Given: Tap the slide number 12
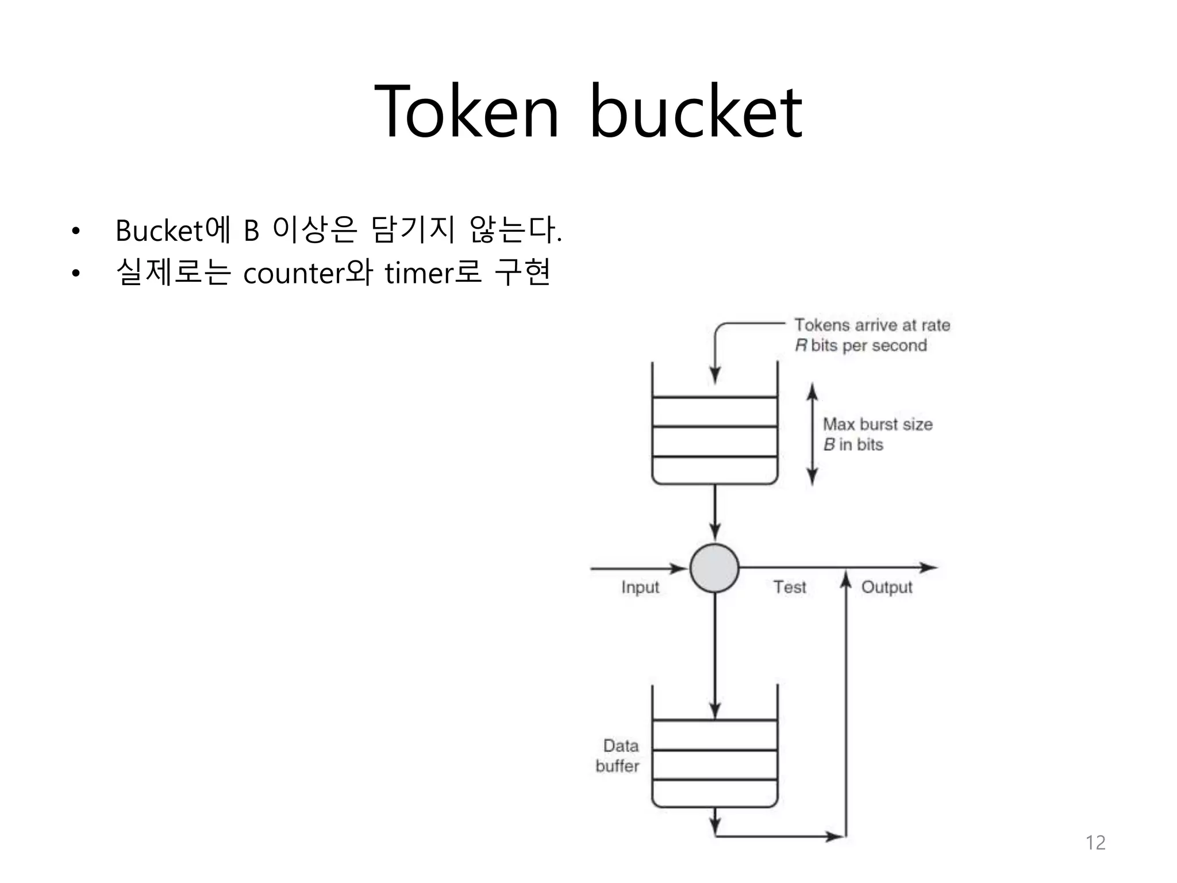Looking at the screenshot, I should point(1095,843).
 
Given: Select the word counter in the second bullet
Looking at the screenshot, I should point(293,273).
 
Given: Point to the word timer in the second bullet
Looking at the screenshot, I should point(418,273).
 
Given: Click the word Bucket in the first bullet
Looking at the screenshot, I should point(159,231).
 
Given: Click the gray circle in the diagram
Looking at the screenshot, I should point(714,568).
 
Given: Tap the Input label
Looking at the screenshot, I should point(640,588).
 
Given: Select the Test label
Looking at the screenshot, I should point(790,587).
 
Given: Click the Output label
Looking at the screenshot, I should point(887,588).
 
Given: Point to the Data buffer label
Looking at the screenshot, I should point(618,755).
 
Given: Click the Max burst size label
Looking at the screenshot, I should point(878,425).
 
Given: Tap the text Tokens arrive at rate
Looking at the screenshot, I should point(872,325).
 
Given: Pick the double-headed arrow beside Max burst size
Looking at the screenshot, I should point(812,435).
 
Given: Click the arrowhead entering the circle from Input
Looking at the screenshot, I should point(679,569).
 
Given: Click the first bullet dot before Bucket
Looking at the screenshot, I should point(76,232).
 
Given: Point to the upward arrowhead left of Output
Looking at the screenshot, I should point(846,579).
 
